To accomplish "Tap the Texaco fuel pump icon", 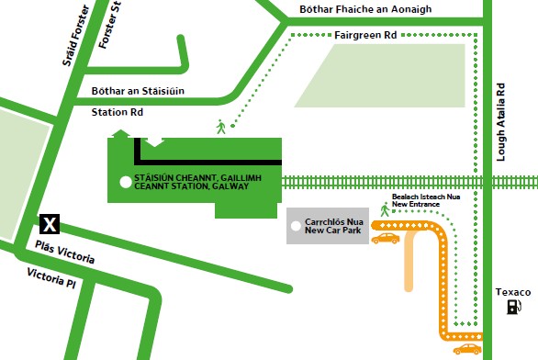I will (x=512, y=306).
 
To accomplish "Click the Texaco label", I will (x=512, y=291).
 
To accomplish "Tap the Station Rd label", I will (x=118, y=113).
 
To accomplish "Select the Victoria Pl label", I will (x=51, y=276).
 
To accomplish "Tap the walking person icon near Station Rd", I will (x=220, y=127).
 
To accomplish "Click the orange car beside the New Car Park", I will (x=386, y=239).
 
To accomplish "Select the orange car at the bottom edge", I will (x=466, y=349).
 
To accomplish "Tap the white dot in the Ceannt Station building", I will (x=125, y=182).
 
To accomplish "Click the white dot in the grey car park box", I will (x=295, y=226).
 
